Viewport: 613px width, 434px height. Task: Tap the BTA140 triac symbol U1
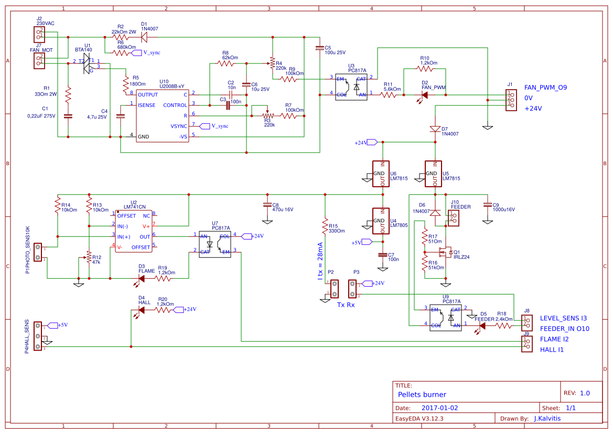click(87, 66)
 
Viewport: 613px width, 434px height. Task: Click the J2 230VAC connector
click(38, 35)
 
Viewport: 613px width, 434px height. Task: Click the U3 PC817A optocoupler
click(351, 86)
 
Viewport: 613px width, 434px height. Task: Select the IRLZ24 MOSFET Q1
click(447, 253)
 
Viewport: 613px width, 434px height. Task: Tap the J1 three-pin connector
click(509, 100)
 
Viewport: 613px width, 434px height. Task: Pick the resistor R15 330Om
click(325, 225)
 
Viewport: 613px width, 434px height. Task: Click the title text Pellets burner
click(422, 395)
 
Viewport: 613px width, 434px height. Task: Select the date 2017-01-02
click(439, 408)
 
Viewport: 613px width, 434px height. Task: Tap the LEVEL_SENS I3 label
click(563, 318)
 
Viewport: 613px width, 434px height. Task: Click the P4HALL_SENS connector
click(38, 336)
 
